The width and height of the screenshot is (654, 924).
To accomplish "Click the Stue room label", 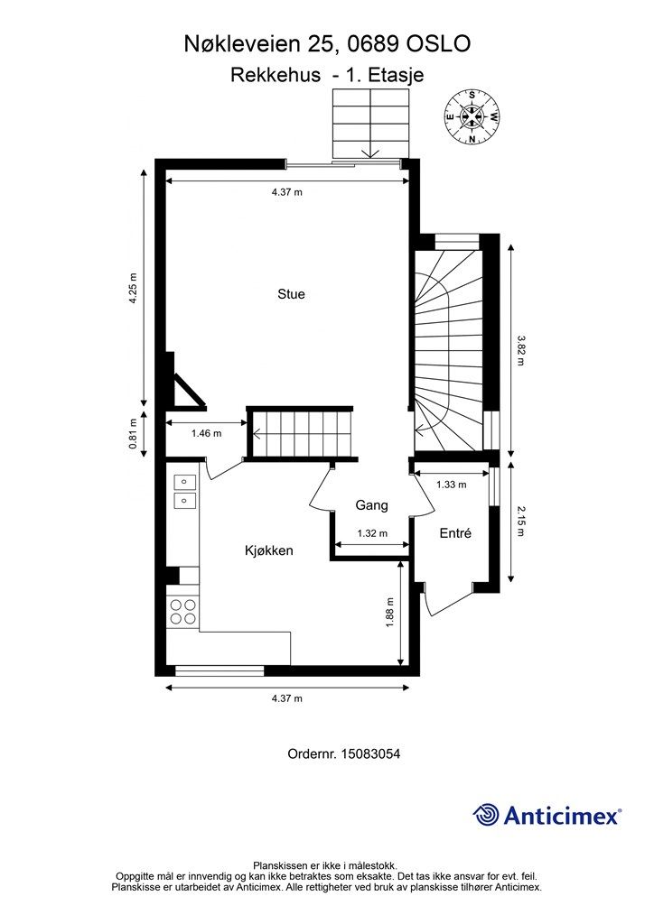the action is (x=292, y=294).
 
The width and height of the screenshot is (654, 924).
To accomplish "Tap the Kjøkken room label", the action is (x=269, y=550).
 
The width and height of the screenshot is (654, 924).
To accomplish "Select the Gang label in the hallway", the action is (x=371, y=505).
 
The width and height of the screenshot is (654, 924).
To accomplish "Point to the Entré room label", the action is (x=455, y=533).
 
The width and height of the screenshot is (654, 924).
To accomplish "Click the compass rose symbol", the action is (x=472, y=116).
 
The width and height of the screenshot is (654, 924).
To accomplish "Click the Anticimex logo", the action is (x=547, y=815).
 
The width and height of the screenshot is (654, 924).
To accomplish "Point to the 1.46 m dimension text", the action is (x=206, y=434).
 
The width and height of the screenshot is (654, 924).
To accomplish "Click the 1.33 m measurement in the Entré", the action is (x=451, y=485).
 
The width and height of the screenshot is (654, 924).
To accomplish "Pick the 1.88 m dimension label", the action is (x=390, y=613).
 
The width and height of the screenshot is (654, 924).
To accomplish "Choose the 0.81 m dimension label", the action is (x=134, y=434).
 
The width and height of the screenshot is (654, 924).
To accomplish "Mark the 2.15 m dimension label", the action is (x=520, y=522).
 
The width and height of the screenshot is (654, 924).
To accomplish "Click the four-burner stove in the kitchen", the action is (x=182, y=611).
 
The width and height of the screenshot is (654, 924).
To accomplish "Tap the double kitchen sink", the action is (x=184, y=492).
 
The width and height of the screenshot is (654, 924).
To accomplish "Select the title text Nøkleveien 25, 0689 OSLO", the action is (x=327, y=44).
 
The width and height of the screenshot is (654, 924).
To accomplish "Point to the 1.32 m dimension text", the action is (x=372, y=533).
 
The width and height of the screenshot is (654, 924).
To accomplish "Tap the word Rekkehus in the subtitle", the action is (x=276, y=75).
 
